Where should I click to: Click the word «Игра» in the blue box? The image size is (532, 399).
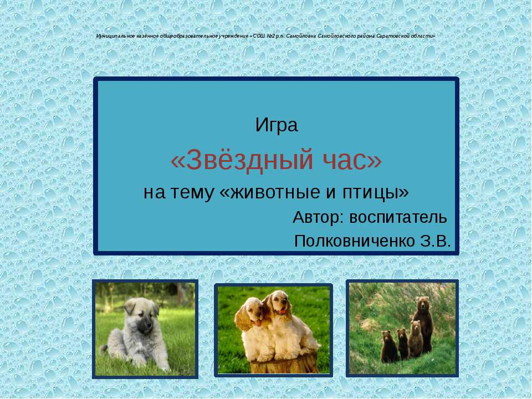[277, 126]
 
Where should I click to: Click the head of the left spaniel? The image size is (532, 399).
[253, 313]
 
